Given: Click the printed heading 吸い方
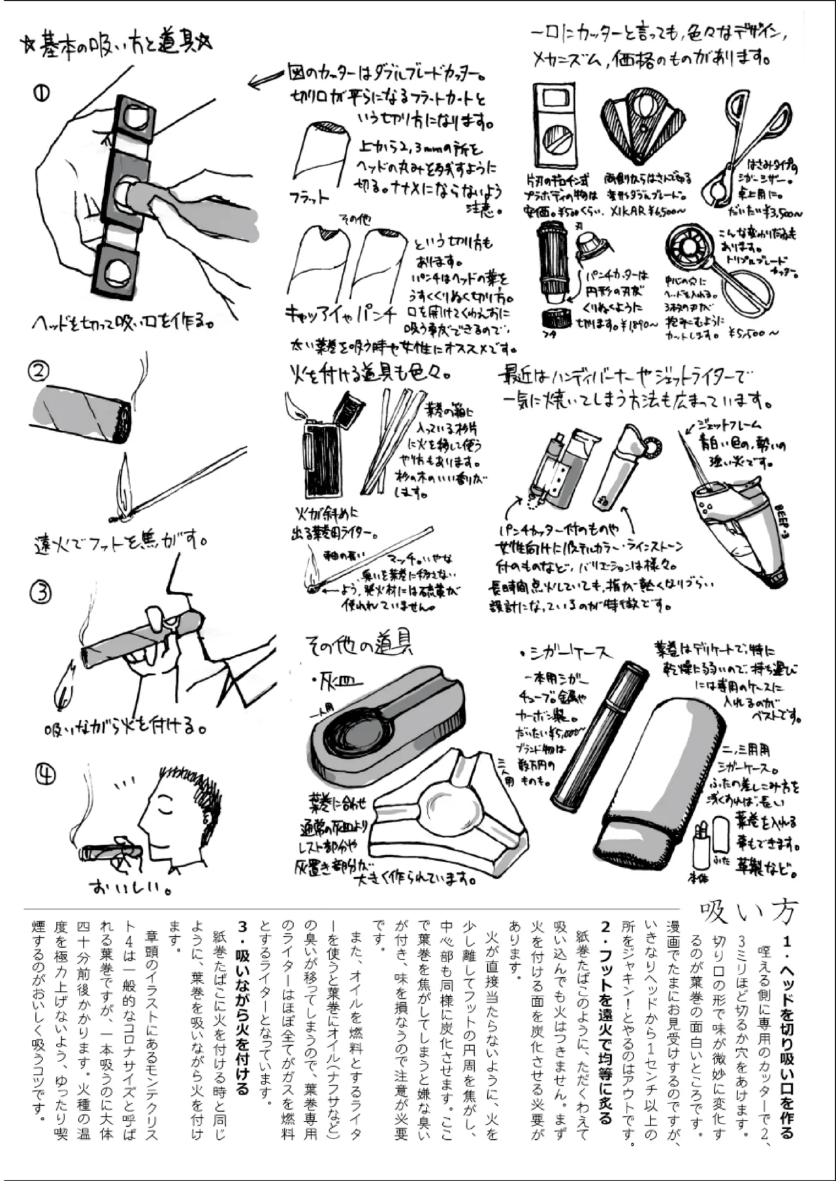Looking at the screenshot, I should point(748,909).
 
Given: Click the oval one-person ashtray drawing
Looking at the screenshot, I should point(385,725).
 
